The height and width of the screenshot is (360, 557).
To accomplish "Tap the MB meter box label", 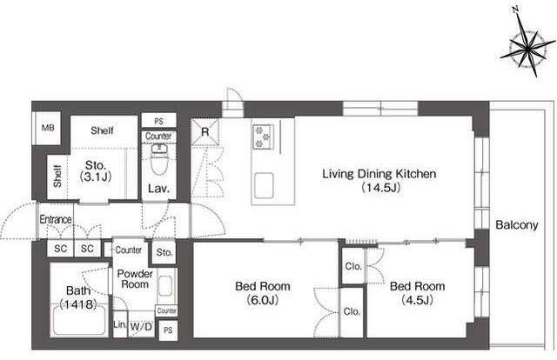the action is pos(48,128).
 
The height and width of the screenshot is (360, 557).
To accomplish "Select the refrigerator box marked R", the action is pos(205,132).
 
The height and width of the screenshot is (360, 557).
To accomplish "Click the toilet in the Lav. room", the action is pos(158,159).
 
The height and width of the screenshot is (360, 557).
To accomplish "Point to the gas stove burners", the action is pos(263,137).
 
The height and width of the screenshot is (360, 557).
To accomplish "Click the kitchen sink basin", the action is pos(264,185).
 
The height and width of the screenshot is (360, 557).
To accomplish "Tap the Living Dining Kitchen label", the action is pos(379,174).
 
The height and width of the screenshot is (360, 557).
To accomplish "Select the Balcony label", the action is pos(516,224).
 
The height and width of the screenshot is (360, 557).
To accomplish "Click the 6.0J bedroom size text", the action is pos(263,300).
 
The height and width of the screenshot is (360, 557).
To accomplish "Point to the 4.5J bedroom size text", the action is pos(417,300).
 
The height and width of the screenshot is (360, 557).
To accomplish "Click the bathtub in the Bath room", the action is pos(79,320).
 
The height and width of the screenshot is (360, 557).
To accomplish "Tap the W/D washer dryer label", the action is pos(141,326).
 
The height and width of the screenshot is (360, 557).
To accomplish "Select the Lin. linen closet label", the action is pos(120,324).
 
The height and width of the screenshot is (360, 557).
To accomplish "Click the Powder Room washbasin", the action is pos(165,286).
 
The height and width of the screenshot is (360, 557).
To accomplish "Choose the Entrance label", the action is pos(56,219).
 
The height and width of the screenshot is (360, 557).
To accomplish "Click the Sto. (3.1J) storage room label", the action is pos(96,170).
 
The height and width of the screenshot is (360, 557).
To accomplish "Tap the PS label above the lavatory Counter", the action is pos(158,121).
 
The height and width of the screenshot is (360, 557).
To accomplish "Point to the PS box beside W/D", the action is pos(168,330).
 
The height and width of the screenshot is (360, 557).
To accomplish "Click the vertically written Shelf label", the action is pos(57,177).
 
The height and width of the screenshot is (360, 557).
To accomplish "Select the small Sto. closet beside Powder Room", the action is pos(164,252).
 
